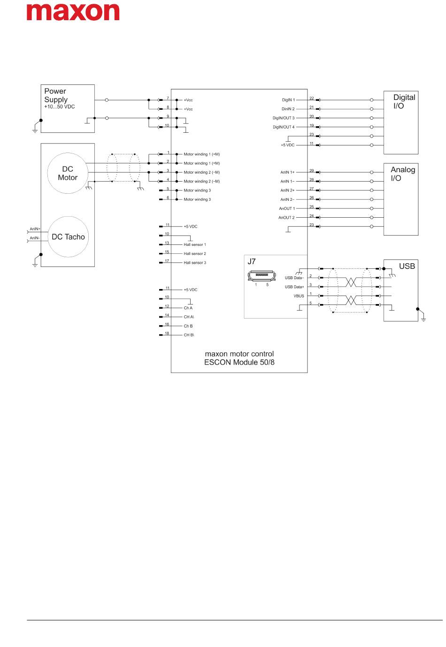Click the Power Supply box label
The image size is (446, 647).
coord(56,95)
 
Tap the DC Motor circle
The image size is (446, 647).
coord(68,173)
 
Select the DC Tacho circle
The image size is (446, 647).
coord(68,237)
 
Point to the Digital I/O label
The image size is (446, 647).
coord(404,101)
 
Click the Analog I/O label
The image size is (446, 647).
coord(402,174)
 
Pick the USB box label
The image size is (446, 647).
coord(407,266)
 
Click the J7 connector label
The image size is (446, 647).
coord(252,262)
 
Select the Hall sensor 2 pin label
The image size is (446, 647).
coord(195,254)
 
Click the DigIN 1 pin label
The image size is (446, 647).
coord(288,100)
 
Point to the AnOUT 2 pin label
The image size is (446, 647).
coord(286,218)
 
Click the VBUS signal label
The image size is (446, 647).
coord(299,296)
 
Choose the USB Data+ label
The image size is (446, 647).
coord(294,287)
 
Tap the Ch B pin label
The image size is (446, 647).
coord(188,326)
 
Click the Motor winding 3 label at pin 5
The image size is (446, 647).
coord(197,190)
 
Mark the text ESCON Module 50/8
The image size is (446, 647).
coord(239,362)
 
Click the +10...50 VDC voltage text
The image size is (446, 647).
coord(60,107)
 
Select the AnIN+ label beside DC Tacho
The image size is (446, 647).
coord(35,229)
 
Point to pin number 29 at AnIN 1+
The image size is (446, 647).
coord(312,171)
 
